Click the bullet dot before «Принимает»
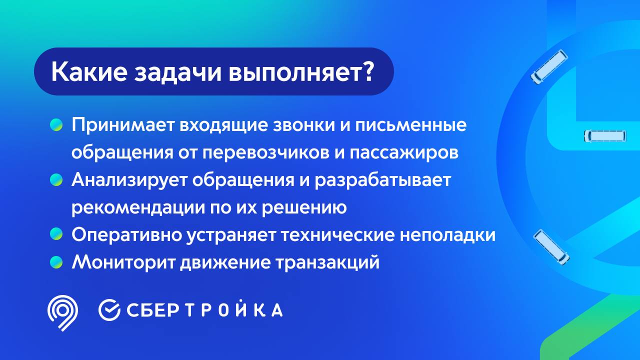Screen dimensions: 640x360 coord(56,125)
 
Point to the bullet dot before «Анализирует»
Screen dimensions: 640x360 coord(56,180)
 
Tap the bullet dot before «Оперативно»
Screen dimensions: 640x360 coord(56,234)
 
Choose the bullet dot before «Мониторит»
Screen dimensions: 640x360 coord(56,262)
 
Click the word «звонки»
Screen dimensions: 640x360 coord(304,125)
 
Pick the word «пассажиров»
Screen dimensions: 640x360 coord(404,153)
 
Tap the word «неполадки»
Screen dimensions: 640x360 coord(447,235)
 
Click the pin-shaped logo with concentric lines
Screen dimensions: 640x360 coord(62,312)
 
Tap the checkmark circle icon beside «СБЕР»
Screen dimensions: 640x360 coord(109,310)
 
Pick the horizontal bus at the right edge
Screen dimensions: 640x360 coord(605,136)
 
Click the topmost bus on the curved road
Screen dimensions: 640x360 coord(549,67)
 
